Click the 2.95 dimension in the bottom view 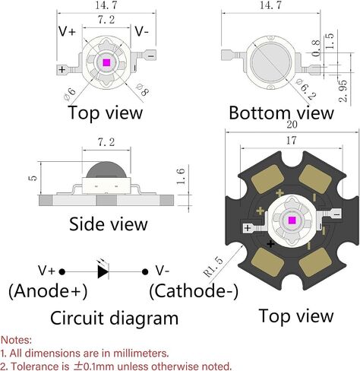click(343, 90)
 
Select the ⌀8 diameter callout click(142, 89)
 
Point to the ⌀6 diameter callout click(70, 94)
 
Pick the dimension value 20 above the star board click(292, 125)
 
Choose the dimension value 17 click(291, 141)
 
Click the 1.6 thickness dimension click(181, 176)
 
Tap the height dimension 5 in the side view click(33, 178)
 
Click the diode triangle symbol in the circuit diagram click(103, 272)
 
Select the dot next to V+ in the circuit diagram click(62, 272)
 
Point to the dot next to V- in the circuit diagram click(145, 272)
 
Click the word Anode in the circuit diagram click(43, 291)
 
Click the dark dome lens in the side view click(106, 170)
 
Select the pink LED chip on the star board click(292, 220)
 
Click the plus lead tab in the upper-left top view click(62, 69)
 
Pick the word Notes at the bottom click(17, 340)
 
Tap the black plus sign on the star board click(270, 244)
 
